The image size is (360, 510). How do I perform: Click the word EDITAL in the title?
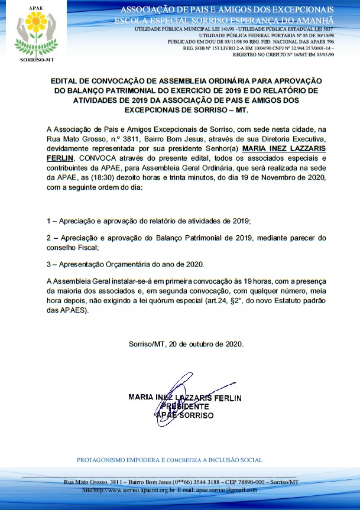point(65,79)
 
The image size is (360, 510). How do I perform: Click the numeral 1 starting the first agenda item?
point(48,220)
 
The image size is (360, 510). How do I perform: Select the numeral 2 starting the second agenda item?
point(48,238)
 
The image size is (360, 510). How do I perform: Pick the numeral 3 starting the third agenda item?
point(48,264)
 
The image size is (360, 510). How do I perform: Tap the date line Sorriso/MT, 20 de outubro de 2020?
point(186,344)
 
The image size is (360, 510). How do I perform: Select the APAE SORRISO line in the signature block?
point(184,415)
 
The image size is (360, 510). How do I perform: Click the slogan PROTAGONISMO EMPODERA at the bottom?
point(121,460)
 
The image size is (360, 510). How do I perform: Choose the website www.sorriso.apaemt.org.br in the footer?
point(134,490)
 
